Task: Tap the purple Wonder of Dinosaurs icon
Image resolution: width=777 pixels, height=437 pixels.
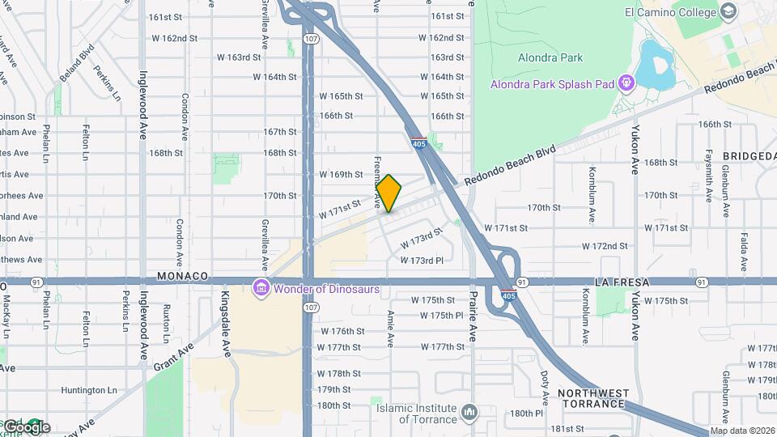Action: [x=261, y=288]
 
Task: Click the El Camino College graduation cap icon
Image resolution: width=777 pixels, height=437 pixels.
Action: [x=728, y=11]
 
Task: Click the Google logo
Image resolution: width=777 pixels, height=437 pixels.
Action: [x=26, y=426]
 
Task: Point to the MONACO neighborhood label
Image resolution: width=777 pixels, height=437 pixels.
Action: [x=183, y=276]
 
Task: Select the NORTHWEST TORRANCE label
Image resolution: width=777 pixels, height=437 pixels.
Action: [x=593, y=399]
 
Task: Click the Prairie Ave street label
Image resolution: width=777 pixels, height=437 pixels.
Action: [x=472, y=319]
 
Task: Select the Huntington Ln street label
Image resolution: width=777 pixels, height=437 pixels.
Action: [x=89, y=390]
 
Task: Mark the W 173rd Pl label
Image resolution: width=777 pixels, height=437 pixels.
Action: [x=422, y=261]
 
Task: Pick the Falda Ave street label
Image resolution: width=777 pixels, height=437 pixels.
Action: [x=743, y=252]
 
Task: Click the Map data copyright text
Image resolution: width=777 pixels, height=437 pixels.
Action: [x=743, y=431]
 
